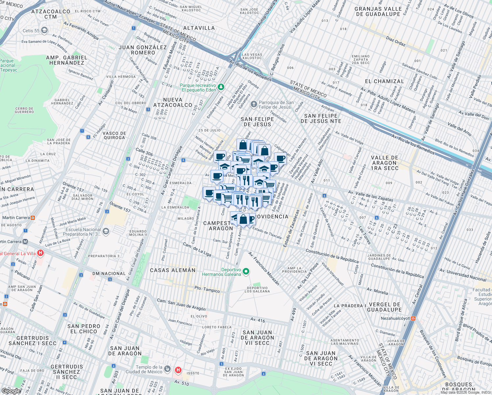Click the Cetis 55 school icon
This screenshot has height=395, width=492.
[44, 31]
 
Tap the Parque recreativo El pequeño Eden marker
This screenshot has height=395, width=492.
[221, 87]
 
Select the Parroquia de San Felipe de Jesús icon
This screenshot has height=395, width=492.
[254, 105]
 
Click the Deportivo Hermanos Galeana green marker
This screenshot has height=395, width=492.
[246, 272]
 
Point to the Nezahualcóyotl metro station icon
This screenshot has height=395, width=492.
[413, 318]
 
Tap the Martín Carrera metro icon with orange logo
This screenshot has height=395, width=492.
[33, 218]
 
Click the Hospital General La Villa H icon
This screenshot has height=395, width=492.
[40, 253]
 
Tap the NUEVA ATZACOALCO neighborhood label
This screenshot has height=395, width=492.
[173, 102]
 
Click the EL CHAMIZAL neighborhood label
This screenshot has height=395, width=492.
[384, 81]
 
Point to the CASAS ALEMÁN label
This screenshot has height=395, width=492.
[173, 270]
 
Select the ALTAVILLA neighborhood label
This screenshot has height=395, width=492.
[199, 28]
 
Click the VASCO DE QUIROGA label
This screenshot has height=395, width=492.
[114, 135]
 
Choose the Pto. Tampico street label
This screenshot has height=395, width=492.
[207, 289]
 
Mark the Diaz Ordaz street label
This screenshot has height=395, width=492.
[396, 41]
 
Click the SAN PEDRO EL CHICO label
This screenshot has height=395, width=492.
[84, 329]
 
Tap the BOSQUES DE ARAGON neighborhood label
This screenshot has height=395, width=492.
[458, 387]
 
